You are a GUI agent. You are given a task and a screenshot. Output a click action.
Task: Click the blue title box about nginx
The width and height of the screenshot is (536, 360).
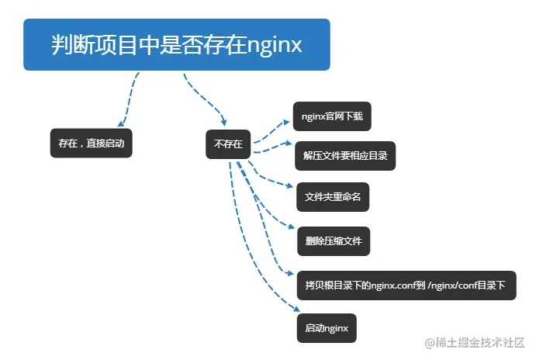point(176,44)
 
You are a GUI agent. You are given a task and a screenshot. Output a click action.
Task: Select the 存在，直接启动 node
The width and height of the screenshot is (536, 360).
point(91,144)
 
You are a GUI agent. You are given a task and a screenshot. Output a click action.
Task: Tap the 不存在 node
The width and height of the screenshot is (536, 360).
point(227,144)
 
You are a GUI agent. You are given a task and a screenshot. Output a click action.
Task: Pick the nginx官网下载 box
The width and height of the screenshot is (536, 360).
point(332,116)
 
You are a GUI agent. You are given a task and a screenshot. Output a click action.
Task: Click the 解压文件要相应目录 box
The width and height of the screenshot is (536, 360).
point(344,155)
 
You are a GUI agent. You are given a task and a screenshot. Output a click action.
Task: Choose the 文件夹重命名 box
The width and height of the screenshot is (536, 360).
point(332,197)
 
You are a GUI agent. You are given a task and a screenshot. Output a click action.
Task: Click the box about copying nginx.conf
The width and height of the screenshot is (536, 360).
point(404,285)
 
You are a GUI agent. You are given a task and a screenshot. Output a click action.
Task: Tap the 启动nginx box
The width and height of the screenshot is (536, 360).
point(327,327)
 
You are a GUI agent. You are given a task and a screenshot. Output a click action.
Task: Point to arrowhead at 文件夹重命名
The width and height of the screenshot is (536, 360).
point(292,186)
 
